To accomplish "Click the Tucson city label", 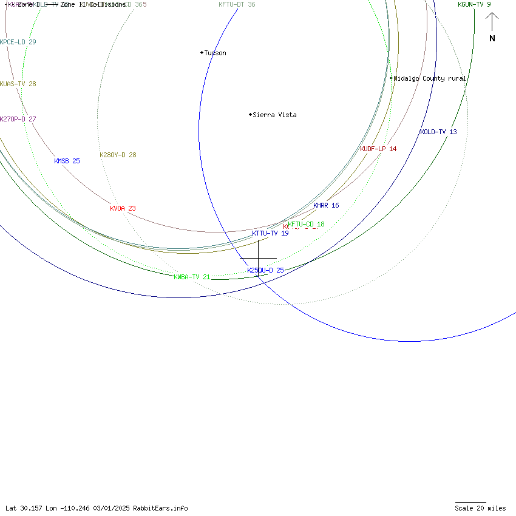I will coord(215,53).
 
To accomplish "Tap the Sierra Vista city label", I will coord(274,115).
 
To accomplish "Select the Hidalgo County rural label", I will coord(430,78).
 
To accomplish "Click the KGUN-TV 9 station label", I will coord(474,4).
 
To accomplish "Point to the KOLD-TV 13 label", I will coord(438,132).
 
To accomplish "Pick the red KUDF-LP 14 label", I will coord(378,149).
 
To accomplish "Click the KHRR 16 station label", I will coord(326,205).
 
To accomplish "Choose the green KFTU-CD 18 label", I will coord(306,224).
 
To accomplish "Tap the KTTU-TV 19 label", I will coord(270,233).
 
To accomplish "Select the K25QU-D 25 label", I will coord(265,270).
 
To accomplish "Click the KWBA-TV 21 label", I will coord(192,277).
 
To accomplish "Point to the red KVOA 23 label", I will coord(123,208).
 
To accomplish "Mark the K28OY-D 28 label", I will coord(118,155).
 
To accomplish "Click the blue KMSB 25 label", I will coord(67,161).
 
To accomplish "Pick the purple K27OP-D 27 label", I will coord(18,119).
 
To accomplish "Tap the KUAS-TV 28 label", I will coord(18,84).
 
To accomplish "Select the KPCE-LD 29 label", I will coord(18,42).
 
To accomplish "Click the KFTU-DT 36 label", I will coord(237,4).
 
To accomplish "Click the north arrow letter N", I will coord(492,39).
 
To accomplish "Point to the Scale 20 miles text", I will coord(480,508).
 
